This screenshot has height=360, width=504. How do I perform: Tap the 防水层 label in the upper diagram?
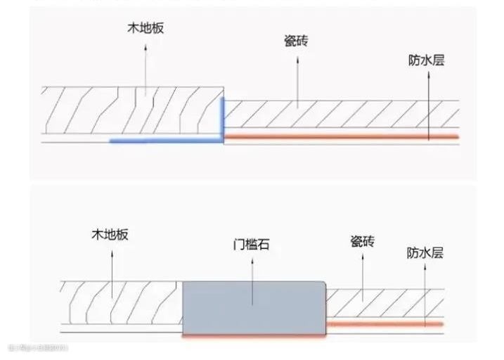tap(426, 60)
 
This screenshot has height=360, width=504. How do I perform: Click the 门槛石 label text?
tap(251, 246)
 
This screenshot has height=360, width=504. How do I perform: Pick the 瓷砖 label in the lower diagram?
tap(362, 242)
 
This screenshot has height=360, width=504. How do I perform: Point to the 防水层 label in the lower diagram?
tap(425, 252)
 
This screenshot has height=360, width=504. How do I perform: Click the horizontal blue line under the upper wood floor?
tap(166, 141)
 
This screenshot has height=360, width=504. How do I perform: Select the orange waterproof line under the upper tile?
tap(342, 135)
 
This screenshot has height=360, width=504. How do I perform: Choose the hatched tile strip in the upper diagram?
tap(342, 115)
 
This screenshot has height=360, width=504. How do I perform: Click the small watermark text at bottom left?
tap(38, 348)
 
